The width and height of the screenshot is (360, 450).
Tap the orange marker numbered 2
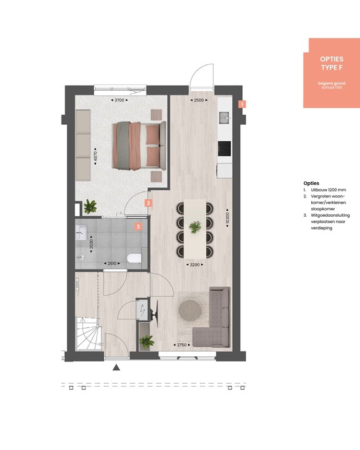[x=149, y=203]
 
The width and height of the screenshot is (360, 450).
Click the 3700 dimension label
[x=120, y=101]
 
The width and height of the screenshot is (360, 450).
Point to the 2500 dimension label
[x=198, y=101]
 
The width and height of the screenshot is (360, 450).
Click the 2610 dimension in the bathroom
[x=110, y=264]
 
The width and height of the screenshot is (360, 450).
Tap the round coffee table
[x=193, y=309]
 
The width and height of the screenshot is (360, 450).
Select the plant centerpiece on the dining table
[x=194, y=225]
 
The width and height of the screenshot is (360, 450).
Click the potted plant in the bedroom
[x=90, y=206]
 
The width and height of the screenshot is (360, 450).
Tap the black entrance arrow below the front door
[x=116, y=368]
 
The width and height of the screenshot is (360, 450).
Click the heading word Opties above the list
[x=311, y=183]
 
